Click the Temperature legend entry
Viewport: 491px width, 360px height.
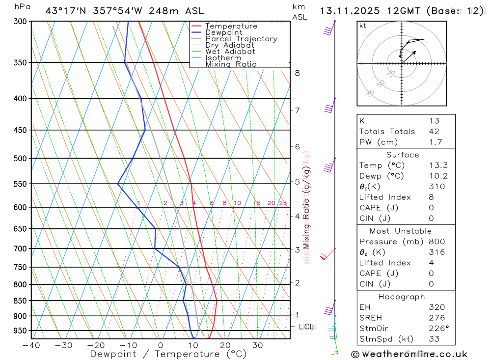point(231,26)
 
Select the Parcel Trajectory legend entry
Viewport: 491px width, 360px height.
point(241,39)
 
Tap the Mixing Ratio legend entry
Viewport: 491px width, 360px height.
point(231,64)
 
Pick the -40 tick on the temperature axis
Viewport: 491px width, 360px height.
point(31,345)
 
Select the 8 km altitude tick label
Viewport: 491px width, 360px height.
point(297,73)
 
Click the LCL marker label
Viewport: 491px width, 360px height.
point(306,327)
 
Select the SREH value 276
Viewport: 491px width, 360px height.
point(435,318)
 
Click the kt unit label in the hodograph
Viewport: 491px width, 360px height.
point(363,26)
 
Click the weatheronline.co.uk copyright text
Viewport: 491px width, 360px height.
point(409,354)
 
